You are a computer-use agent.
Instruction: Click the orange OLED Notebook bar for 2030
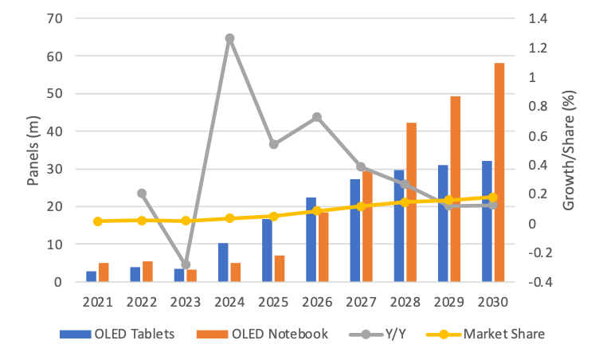tap(499, 172)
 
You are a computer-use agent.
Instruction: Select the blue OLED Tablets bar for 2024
tap(224, 262)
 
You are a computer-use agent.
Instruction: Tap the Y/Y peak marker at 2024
tap(229, 38)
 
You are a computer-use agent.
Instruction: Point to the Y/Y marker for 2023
tap(186, 264)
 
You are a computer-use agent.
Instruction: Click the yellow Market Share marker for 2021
tap(97, 221)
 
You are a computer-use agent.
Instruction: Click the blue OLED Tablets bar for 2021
tap(92, 276)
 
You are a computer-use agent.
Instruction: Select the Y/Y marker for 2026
tap(317, 117)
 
